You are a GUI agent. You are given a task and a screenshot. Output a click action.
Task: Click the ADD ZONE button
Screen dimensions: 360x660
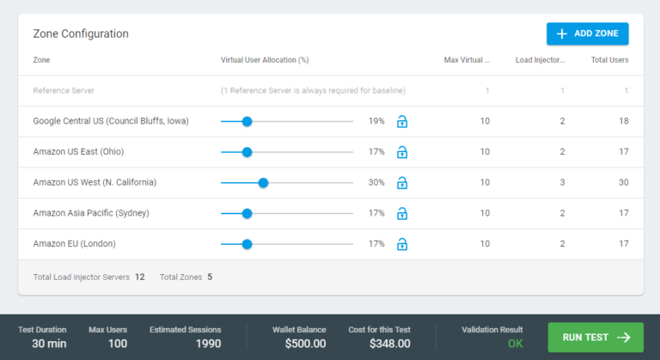click(x=588, y=34)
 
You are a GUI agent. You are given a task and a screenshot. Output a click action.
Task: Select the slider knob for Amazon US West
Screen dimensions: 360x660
click(x=263, y=183)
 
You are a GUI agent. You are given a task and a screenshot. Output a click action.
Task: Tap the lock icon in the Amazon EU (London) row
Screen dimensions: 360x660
click(x=401, y=244)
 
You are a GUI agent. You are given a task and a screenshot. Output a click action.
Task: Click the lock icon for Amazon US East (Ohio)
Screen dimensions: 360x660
click(x=401, y=152)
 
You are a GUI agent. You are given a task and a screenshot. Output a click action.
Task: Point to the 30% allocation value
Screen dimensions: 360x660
click(x=376, y=183)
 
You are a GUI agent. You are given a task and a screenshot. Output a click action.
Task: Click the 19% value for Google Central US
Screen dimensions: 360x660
click(x=376, y=121)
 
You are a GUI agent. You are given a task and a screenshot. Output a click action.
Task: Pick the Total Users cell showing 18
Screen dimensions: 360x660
click(x=622, y=121)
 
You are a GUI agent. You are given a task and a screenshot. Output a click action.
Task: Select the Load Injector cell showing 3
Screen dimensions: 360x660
click(x=562, y=183)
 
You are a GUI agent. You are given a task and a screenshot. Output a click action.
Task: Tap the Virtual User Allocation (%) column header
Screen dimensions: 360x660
click(x=265, y=60)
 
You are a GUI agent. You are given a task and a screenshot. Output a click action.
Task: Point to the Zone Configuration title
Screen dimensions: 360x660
click(x=81, y=34)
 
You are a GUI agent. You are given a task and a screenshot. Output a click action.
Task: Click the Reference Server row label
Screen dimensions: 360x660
click(x=64, y=90)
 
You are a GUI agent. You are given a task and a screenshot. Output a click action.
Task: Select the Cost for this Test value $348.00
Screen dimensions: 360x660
click(x=389, y=344)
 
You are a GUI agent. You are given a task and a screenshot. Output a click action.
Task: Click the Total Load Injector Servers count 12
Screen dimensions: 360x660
click(x=139, y=277)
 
